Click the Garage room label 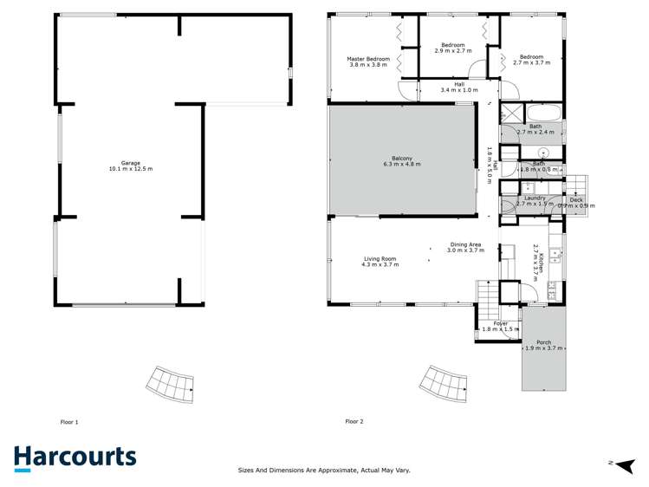coord(131,163)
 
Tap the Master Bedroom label coord(368,59)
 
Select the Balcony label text coord(401,158)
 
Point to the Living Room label coord(380,258)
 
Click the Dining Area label coord(465,244)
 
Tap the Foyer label coord(500,323)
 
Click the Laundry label coord(535,198)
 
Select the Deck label coord(576,200)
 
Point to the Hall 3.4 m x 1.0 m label coord(458,84)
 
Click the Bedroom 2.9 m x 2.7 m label coord(452,45)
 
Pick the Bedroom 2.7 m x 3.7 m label coord(531,56)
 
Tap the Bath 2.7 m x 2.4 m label coord(535,127)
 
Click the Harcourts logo coord(75,458)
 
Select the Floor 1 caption coord(68,422)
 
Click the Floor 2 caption coord(354,422)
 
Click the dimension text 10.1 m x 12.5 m coord(131,169)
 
